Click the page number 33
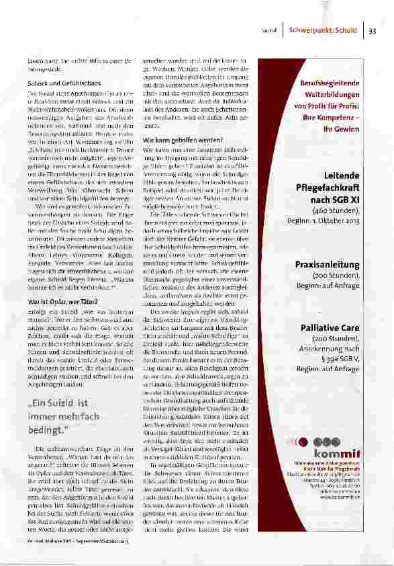[373, 30]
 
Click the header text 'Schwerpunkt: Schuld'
[323, 30]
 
